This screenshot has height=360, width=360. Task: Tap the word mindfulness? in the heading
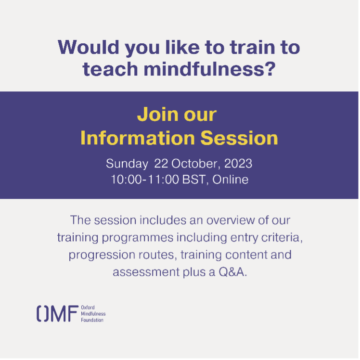tap(210, 69)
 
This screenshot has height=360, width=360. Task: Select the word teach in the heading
tap(110, 69)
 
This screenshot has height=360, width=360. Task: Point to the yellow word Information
tap(138, 138)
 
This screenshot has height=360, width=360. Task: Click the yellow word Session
tap(239, 138)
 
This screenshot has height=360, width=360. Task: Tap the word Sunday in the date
tap(127, 164)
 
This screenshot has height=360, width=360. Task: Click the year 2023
tap(238, 164)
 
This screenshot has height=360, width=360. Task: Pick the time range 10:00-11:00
tap(145, 180)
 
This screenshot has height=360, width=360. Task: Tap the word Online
tap(230, 180)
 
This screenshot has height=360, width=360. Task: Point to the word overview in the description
tap(231, 220)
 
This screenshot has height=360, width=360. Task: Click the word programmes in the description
tap(138, 238)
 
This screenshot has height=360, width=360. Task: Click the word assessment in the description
tap(146, 272)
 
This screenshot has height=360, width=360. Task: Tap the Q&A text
tap(233, 272)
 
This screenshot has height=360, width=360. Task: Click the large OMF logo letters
tap(58, 313)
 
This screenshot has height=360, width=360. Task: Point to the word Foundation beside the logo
tap(92, 320)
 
